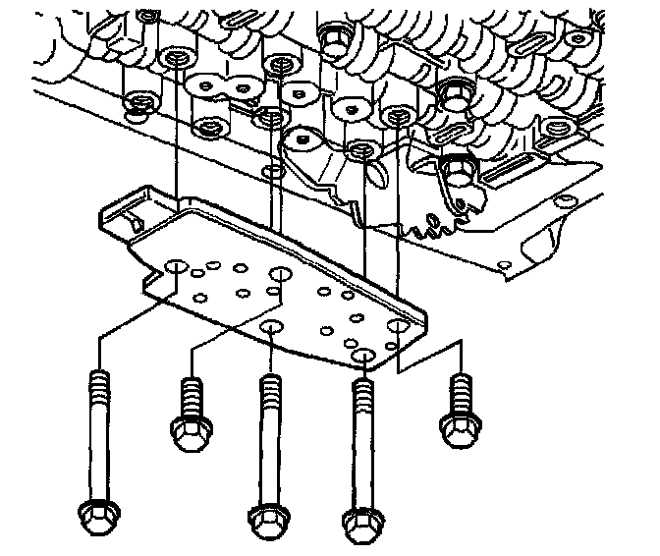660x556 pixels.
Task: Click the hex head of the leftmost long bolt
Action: (x=97, y=514)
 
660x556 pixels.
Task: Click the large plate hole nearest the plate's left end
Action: (x=177, y=267)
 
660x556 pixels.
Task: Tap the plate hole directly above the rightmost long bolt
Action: (x=364, y=358)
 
